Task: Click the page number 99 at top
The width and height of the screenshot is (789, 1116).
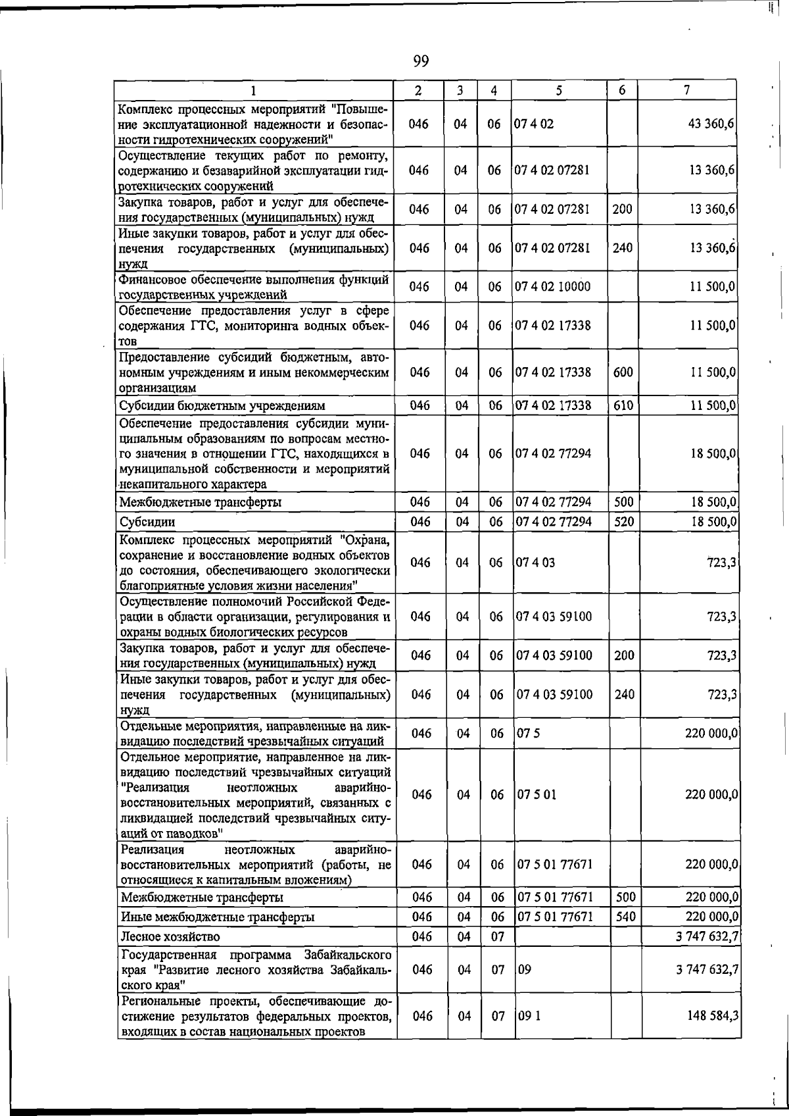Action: pos(421,62)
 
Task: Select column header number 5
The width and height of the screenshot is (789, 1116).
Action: pos(558,90)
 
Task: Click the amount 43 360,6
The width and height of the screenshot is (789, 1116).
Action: pos(711,124)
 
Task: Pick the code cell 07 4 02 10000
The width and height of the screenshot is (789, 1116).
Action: pos(552,287)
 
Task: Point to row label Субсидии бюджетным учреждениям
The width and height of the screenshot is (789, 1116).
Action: pos(222,406)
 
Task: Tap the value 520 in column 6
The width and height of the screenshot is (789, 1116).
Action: pos(623,522)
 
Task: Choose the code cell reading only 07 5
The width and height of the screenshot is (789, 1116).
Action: pos(529,734)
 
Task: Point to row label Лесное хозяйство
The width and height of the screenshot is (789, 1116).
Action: pos(170,936)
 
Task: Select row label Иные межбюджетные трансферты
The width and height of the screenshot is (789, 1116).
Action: pos(217,917)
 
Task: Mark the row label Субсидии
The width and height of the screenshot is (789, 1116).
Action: pos(147,522)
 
